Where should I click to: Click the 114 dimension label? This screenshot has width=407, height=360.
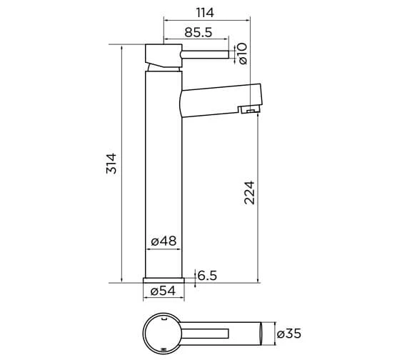pos(205,12)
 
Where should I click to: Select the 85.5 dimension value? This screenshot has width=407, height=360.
pos(199,32)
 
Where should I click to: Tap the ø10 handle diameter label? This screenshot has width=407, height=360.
pos(243,54)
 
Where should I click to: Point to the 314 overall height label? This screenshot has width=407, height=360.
pos(111,164)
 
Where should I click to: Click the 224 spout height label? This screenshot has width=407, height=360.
pos(250,192)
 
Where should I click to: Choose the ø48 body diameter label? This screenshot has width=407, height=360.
pos(164,241)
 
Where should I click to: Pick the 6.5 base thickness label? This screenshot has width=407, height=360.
pos(207,276)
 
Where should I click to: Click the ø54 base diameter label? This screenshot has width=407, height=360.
pos(164,291)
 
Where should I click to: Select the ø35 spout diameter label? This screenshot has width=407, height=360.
pos(289,334)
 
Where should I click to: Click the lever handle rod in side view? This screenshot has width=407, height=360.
pos(205,54)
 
